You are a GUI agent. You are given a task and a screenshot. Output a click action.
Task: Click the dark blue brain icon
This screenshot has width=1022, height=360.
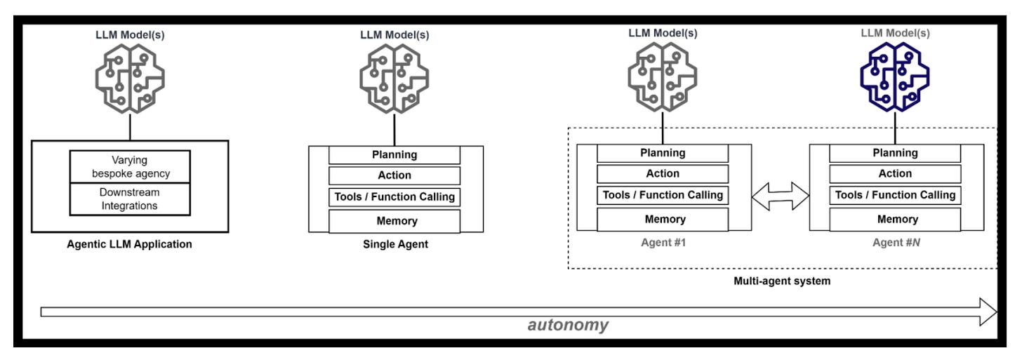895,76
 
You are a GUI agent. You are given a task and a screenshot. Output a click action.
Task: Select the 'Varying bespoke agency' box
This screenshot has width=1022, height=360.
130,166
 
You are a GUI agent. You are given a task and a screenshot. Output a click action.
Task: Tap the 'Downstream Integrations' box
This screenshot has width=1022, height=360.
130,199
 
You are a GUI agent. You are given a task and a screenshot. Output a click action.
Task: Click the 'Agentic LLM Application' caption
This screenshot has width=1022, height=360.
130,244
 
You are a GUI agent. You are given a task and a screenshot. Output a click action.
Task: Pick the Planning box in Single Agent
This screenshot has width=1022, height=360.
394,154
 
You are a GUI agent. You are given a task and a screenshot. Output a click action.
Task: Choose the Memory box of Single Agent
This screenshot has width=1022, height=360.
394,221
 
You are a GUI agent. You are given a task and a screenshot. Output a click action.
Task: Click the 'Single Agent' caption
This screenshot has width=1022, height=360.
396,244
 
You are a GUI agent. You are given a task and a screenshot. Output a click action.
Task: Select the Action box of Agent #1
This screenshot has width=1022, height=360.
663,173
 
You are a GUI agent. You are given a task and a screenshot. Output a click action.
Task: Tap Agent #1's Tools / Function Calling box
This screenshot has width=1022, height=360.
663,195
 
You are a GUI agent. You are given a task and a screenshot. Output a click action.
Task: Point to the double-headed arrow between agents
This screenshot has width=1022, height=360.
781,196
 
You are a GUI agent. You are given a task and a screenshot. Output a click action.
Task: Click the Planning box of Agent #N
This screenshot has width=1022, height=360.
895,153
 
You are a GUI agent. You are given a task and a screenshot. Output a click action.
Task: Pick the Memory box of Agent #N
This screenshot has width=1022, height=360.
895,219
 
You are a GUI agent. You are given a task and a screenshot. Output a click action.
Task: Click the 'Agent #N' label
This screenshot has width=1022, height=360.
896,242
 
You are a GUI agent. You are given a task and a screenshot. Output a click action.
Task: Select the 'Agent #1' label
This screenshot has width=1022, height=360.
663,242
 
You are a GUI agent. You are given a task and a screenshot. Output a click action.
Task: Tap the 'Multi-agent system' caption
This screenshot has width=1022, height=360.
782,281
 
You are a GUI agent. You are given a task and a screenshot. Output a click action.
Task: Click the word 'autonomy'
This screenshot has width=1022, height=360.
568,324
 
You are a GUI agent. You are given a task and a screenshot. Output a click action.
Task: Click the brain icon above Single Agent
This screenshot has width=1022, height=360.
394,79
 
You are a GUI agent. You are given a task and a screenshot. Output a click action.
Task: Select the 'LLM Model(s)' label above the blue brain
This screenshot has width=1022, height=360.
895,33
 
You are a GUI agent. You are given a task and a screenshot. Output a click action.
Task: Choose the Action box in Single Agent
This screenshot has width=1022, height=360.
394,175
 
